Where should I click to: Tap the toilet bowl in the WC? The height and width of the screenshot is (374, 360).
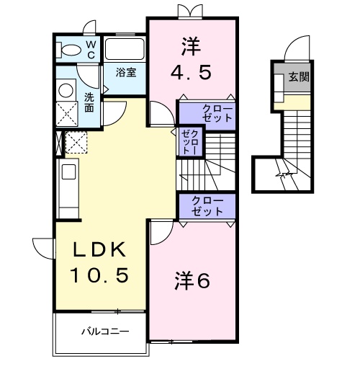pyautogui.click(x=71, y=51)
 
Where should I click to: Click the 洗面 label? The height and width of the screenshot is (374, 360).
pyautogui.click(x=89, y=102)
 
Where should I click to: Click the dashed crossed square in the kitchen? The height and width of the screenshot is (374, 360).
pyautogui.click(x=76, y=142)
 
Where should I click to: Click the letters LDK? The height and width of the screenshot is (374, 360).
pyautogui.click(x=102, y=251)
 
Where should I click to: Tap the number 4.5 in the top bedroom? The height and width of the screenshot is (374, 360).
pyautogui.click(x=191, y=74)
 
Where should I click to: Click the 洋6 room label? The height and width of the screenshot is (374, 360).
pyautogui.click(x=191, y=282)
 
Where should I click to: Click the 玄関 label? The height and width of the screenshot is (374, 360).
pyautogui.click(x=300, y=77)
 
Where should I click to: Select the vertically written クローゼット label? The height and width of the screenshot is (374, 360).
pyautogui.click(x=191, y=141)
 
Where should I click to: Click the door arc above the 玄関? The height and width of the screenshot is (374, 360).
pyautogui.click(x=297, y=51)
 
